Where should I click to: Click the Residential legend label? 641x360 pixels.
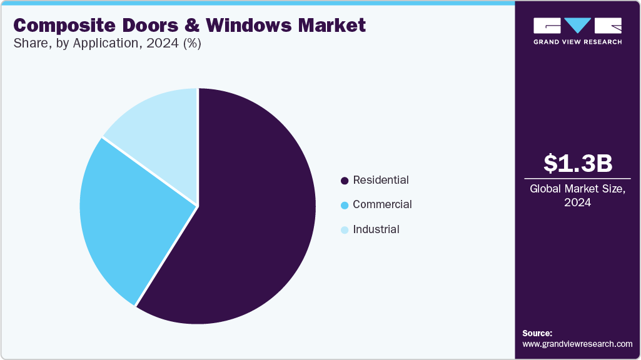pos(380,180)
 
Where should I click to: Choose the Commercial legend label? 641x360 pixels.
pos(382,204)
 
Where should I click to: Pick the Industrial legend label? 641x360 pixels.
pos(376,229)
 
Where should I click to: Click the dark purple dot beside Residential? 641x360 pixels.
pos(344,181)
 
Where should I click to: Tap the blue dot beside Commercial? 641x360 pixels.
pos(344,205)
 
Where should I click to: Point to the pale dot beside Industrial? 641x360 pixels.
pos(344,230)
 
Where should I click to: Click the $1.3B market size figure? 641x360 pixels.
pos(577,163)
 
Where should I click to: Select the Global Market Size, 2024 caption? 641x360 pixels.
pos(577,196)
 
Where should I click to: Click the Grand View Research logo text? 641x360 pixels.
pos(577,42)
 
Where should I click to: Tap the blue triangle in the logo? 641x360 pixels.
pos(577,26)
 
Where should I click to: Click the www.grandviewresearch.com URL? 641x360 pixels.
pos(577,344)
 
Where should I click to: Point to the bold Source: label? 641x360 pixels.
pos(537,333)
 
